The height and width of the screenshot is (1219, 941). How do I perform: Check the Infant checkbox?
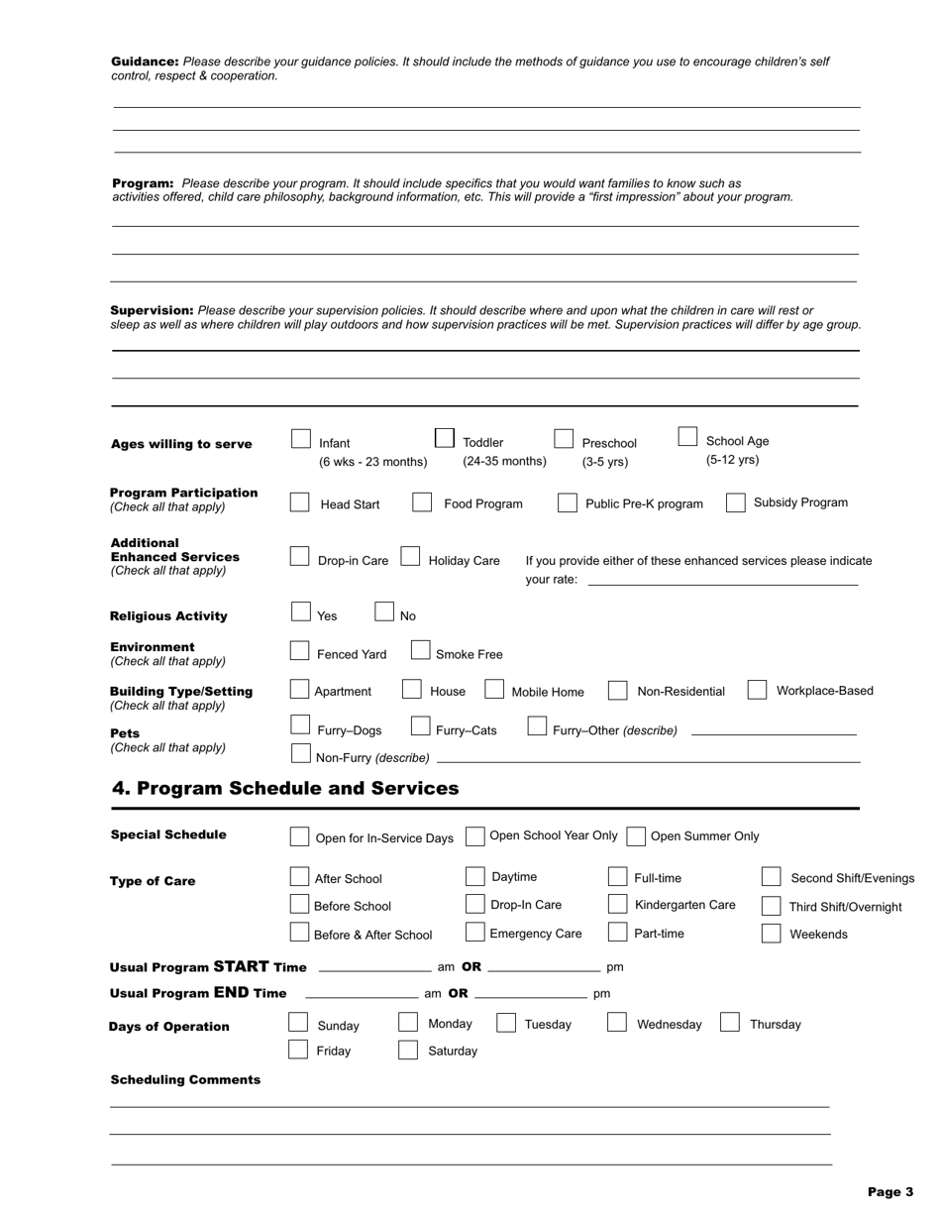pyautogui.click(x=301, y=438)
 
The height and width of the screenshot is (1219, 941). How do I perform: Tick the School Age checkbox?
pyautogui.click(x=687, y=437)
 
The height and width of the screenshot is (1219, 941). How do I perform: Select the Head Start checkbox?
pyautogui.click(x=299, y=502)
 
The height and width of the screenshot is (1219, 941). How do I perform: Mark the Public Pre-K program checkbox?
pyautogui.click(x=567, y=502)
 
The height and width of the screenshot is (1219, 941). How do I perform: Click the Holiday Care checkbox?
pyautogui.click(x=410, y=557)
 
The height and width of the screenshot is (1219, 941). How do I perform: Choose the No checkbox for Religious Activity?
pyautogui.click(x=385, y=611)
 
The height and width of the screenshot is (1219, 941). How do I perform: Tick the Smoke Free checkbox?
pyautogui.click(x=420, y=650)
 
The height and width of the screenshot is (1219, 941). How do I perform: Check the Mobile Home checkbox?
pyautogui.click(x=494, y=690)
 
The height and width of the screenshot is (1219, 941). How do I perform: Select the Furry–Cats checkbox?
pyautogui.click(x=420, y=726)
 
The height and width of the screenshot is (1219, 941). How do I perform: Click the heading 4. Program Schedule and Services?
pyautogui.click(x=285, y=789)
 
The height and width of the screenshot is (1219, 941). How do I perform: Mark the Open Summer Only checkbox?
pyautogui.click(x=636, y=836)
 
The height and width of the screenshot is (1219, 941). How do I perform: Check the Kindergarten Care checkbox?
pyautogui.click(x=617, y=904)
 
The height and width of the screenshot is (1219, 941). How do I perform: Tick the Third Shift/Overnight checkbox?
pyautogui.click(x=772, y=906)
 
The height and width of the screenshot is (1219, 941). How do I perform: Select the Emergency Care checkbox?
pyautogui.click(x=474, y=933)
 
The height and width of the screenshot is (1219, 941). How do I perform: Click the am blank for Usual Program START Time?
pyautogui.click(x=374, y=966)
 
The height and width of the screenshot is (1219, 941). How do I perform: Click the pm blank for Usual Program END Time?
pyautogui.click(x=531, y=993)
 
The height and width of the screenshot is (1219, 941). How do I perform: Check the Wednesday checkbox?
pyautogui.click(x=616, y=1023)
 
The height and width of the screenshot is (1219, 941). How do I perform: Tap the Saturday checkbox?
pyautogui.click(x=407, y=1051)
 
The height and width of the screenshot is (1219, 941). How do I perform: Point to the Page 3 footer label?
pyautogui.click(x=889, y=1192)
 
